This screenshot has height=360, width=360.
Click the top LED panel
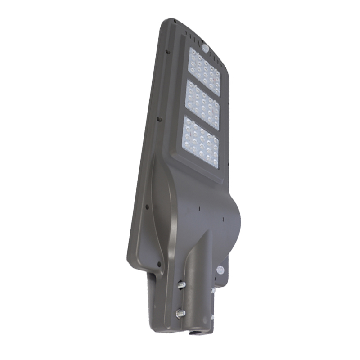[205, 72]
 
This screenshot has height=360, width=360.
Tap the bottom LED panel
[201, 141]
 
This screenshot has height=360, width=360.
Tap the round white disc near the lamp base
[220, 270]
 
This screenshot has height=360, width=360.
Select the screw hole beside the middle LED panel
[158, 119]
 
